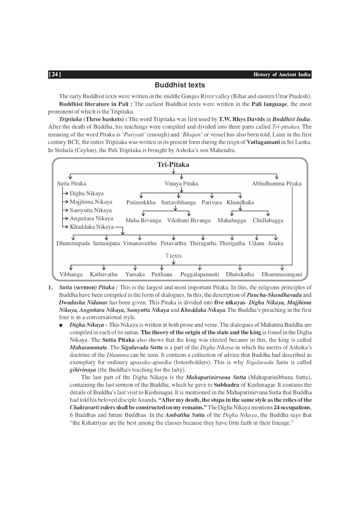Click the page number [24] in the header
coord(55,74)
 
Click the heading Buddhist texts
coord(180,85)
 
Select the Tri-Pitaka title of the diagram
coord(173,165)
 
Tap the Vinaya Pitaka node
coord(181,184)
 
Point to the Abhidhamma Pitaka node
coord(276,184)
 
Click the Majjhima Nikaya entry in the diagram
coord(91,202)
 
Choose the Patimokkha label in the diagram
coord(141,203)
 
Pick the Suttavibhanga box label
coord(178,203)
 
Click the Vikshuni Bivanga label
coord(189,221)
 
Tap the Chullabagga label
coord(268,221)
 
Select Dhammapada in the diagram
coord(73,243)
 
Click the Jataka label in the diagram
coord(275,243)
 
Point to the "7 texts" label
coord(174,256)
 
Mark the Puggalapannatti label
coord(200,275)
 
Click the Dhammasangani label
coord(282,275)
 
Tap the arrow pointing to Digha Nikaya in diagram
coord(66,193)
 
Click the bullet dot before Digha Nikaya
coord(61,325)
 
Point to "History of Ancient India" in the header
coord(282,75)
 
